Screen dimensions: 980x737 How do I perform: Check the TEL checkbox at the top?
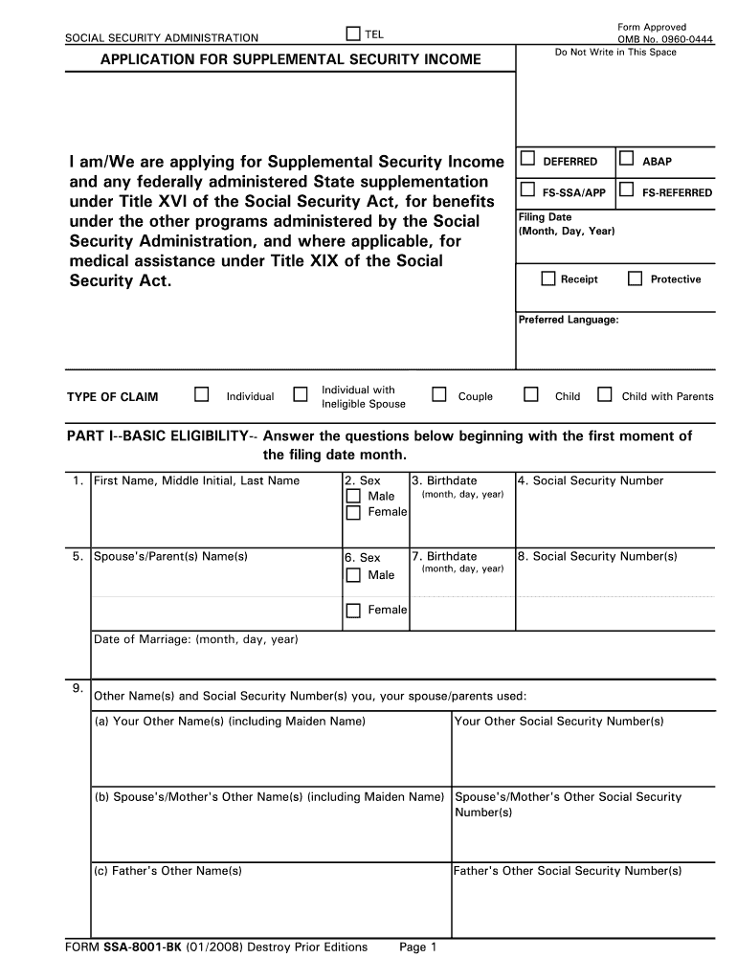pos(351,35)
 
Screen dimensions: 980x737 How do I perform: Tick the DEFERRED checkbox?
pos(526,159)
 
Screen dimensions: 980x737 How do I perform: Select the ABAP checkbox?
pos(626,159)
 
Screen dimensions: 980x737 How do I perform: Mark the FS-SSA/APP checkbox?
pos(526,189)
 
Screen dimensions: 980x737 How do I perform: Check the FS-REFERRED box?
pos(626,189)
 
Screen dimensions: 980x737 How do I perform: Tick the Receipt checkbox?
pos(547,278)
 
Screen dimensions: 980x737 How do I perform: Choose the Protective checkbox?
pos(635,278)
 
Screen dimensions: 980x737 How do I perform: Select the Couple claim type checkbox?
pos(439,394)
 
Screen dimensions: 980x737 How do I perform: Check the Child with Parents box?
pos(604,394)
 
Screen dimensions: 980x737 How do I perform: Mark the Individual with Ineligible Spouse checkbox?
pos(301,394)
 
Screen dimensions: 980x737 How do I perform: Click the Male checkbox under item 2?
pos(353,496)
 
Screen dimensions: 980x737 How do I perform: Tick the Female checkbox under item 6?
pos(353,610)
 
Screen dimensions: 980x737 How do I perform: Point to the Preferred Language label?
pos(569,320)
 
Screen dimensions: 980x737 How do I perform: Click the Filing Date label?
pos(545,217)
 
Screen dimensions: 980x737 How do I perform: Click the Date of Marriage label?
pos(195,639)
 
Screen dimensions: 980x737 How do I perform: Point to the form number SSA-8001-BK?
pos(147,947)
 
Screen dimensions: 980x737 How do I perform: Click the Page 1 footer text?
pos(417,947)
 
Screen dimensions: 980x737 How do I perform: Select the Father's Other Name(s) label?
pos(167,871)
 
